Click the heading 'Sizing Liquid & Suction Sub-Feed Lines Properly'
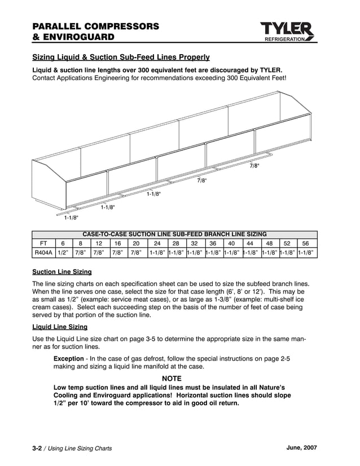[x=121, y=57]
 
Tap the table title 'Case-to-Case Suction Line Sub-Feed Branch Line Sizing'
[x=174, y=234]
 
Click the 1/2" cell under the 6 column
[x=63, y=253]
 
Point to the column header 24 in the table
[x=157, y=243]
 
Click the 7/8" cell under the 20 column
[x=136, y=253]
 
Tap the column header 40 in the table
[x=231, y=243]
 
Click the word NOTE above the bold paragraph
[x=172, y=379]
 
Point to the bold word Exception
[x=72, y=359]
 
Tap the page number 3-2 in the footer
[x=37, y=448]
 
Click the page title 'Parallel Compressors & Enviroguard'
[x=95, y=32]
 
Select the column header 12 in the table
[x=99, y=243]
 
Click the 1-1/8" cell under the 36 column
[x=213, y=253]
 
